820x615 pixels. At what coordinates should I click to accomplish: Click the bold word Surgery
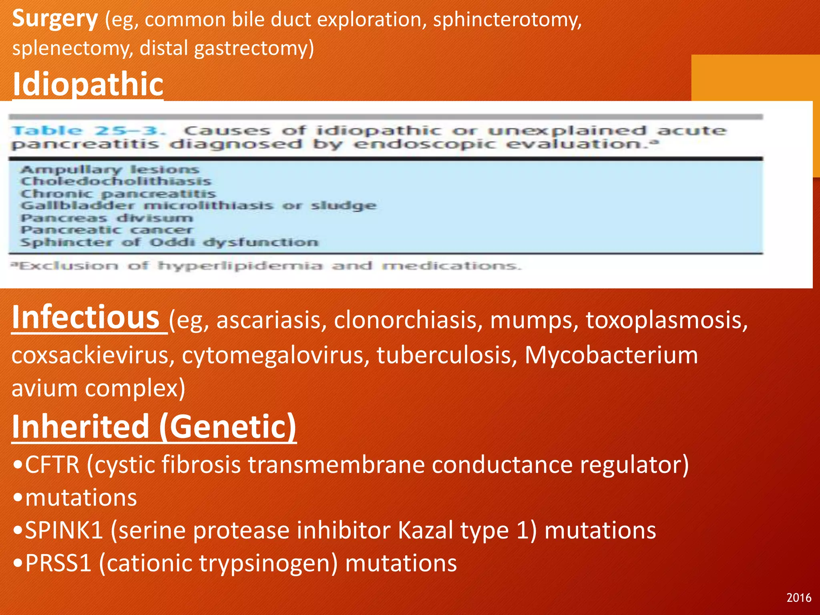pyautogui.click(x=55, y=19)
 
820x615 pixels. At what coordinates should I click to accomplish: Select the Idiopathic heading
pyautogui.click(x=88, y=84)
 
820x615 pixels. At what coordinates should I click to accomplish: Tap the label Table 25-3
pyautogui.click(x=88, y=131)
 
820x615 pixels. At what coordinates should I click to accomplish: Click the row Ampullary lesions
pyautogui.click(x=110, y=170)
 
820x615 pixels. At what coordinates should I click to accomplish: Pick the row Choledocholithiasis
pyautogui.click(x=116, y=181)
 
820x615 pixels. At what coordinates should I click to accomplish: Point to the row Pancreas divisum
pyautogui.click(x=107, y=218)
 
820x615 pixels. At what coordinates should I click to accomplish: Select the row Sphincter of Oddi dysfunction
pyautogui.click(x=169, y=243)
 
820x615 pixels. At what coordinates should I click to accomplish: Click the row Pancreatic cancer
pyautogui.click(x=107, y=230)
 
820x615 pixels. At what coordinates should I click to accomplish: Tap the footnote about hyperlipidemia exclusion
pyautogui.click(x=266, y=266)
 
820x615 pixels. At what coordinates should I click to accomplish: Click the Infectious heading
pyautogui.click(x=86, y=318)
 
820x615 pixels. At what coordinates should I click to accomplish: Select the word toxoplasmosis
pyautogui.click(x=667, y=320)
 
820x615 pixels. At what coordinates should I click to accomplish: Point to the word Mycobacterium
pyautogui.click(x=611, y=355)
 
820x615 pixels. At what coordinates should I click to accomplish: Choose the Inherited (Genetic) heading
pyautogui.click(x=154, y=427)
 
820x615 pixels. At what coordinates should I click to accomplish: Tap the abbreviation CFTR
pyautogui.click(x=52, y=465)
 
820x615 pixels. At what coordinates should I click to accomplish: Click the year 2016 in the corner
pyautogui.click(x=798, y=598)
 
